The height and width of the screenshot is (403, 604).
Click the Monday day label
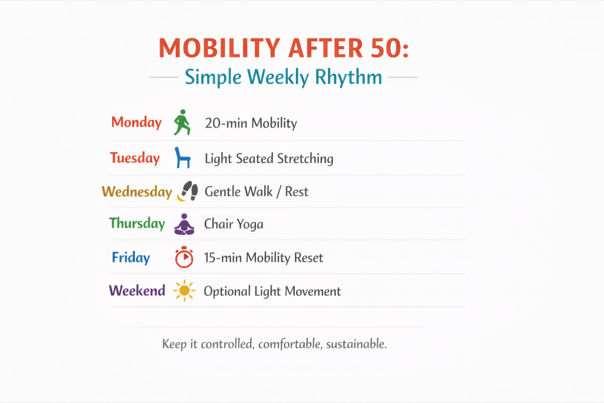136,123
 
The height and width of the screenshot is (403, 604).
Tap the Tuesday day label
135,158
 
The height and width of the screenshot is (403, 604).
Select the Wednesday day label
137,192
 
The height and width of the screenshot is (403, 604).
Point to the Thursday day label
137,224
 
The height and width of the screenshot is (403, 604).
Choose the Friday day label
130,257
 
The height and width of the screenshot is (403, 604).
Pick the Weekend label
137,290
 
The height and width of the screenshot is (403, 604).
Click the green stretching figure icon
182,123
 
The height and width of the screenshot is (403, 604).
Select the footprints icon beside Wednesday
188,191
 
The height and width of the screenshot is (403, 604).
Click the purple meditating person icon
184,224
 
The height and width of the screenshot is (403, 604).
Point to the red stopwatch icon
184,257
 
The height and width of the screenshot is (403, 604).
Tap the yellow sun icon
184,290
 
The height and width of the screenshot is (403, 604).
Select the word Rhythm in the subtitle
348,77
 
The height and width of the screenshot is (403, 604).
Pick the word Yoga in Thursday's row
250,225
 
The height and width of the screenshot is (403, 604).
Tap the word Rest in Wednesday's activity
297,192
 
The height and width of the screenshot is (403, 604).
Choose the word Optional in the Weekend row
227,291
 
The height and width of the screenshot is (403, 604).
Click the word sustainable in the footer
356,344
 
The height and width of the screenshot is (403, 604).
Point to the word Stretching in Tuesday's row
305,159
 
